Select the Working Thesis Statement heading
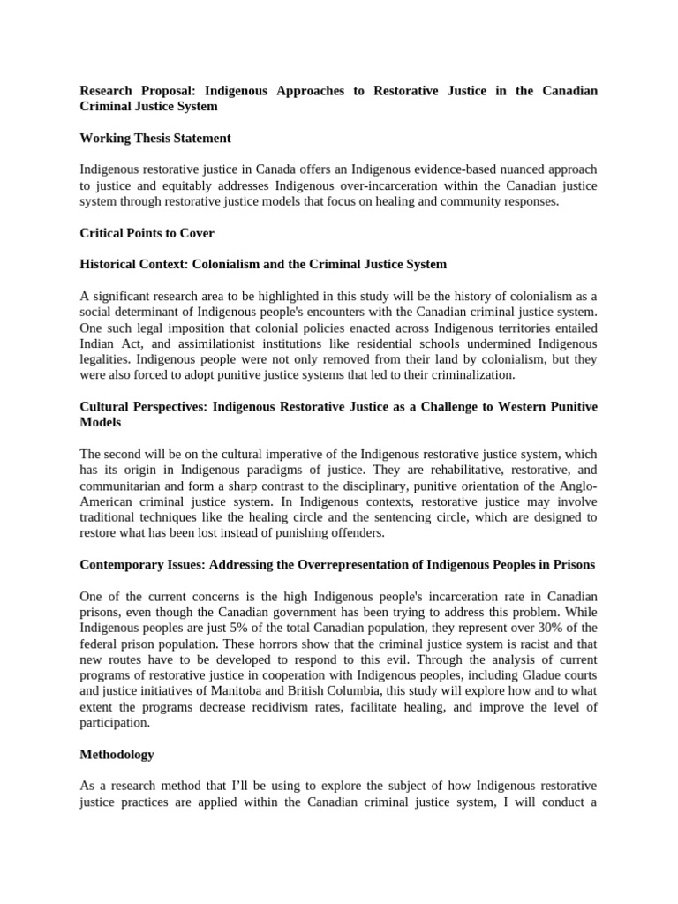pos(155,138)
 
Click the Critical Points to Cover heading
pos(147,233)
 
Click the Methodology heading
pos(117,754)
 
